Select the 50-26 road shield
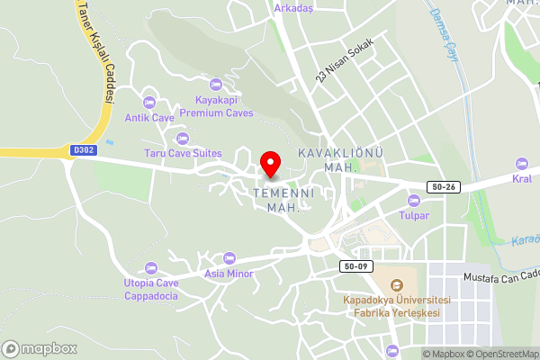tap(445, 186)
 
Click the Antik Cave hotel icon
tap(149, 101)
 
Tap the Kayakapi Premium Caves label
tap(216, 107)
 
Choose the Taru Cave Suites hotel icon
tap(184, 138)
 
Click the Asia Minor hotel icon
tap(229, 258)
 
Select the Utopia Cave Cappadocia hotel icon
tap(151, 267)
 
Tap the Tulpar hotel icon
tap(414, 200)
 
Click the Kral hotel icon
tap(521, 163)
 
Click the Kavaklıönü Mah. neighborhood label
tap(340, 161)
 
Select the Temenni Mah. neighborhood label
tap(282, 200)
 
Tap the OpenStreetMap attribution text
tap(503, 354)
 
